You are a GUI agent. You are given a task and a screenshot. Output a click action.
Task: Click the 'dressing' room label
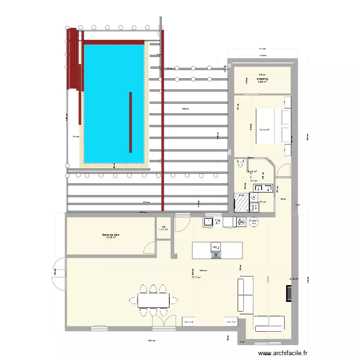(x=262, y=79)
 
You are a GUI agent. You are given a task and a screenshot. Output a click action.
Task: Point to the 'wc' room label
(x=163, y=228)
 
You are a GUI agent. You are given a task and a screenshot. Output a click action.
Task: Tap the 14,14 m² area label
(x=264, y=130)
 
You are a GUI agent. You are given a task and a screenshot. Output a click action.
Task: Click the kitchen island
(x=217, y=250)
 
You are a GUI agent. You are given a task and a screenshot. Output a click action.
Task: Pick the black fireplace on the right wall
(x=288, y=293)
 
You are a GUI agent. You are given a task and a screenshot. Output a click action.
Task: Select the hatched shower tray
(x=240, y=203)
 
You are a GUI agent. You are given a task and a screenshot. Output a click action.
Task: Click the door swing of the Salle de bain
(x=151, y=247)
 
